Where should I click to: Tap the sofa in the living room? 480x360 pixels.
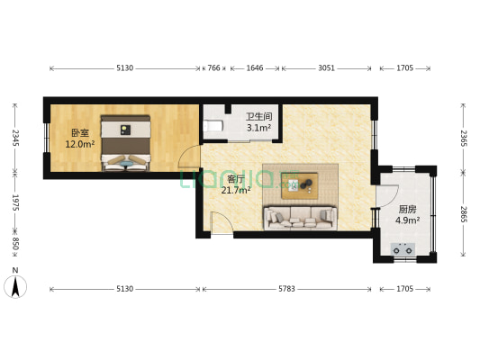point(299,216)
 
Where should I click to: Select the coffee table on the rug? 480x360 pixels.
point(299,185)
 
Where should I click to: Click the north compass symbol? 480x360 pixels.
point(15,285)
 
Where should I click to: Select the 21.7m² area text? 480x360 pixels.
point(236,189)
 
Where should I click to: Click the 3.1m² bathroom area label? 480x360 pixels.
point(259,128)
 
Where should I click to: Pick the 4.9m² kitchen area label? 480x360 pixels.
point(406,220)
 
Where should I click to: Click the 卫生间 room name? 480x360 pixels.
point(259,116)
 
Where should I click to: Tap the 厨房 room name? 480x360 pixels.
point(406,209)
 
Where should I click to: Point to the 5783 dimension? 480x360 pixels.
point(286,289)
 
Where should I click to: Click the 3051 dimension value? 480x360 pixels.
point(326,67)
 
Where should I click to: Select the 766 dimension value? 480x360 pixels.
point(214,67)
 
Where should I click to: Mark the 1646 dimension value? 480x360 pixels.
point(255,67)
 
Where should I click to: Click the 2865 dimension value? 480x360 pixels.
point(464,214)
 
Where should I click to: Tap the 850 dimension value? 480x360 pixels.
point(14,246)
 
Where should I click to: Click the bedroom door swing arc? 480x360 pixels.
point(187,157)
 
